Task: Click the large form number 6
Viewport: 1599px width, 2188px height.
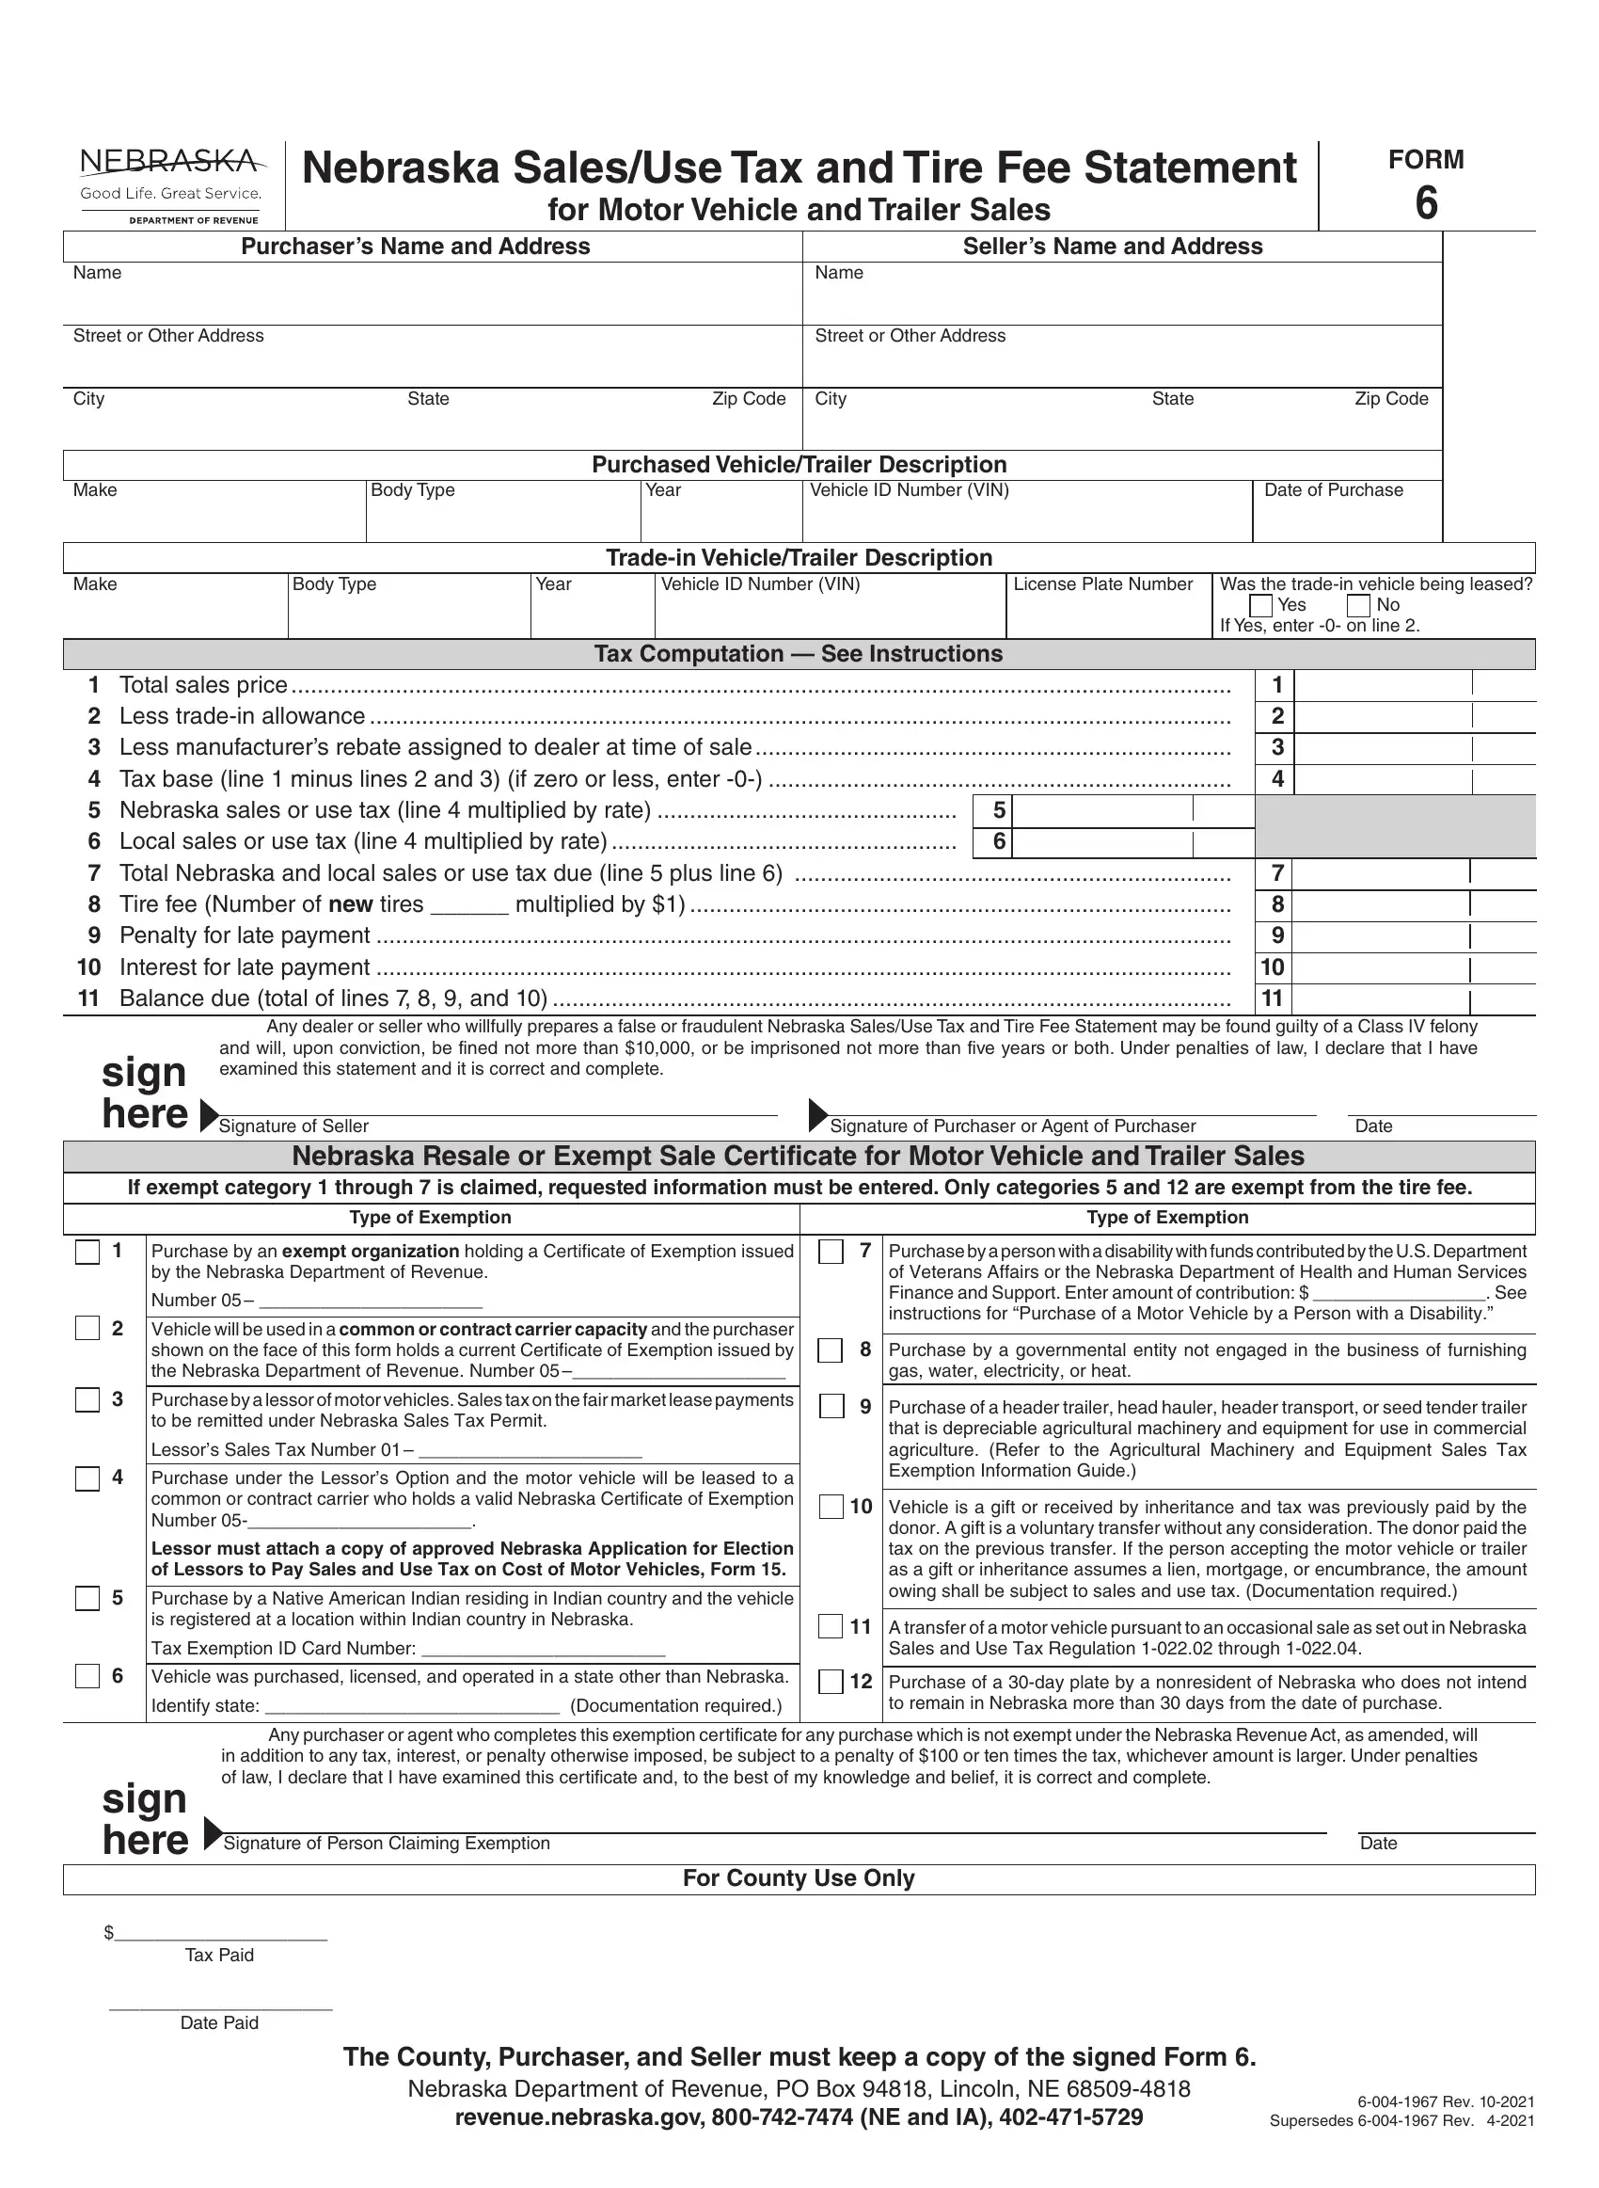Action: (1426, 203)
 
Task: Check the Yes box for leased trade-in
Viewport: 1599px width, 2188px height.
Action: (1261, 606)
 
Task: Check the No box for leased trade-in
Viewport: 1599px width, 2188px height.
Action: (1359, 606)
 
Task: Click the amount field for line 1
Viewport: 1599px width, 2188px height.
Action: (1382, 685)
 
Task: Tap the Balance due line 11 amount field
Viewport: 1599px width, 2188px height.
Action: (1382, 998)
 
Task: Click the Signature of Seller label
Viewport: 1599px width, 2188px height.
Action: (293, 1126)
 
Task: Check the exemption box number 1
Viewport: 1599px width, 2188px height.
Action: (88, 1252)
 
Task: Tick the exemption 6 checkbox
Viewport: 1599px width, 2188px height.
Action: (88, 1676)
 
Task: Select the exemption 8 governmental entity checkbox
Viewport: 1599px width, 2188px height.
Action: (831, 1350)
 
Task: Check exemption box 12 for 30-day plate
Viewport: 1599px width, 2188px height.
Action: (831, 1682)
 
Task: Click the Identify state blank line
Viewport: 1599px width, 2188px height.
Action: (412, 1705)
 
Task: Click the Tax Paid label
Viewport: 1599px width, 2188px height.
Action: (220, 1955)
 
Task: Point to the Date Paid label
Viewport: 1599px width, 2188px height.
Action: (220, 2022)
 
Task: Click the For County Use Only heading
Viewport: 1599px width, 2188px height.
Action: (799, 1878)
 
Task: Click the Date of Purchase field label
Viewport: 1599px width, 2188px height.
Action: (1333, 490)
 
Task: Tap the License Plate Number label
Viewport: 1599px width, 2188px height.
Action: (1102, 583)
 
